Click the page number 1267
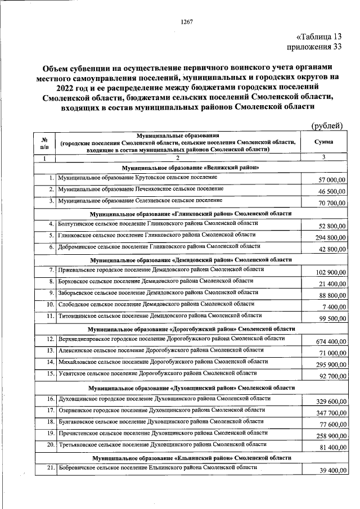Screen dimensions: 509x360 pos(186,22)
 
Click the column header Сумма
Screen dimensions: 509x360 pos(324,143)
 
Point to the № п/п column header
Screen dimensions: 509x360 pos(44,143)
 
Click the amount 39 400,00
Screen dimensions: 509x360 pos(329,471)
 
